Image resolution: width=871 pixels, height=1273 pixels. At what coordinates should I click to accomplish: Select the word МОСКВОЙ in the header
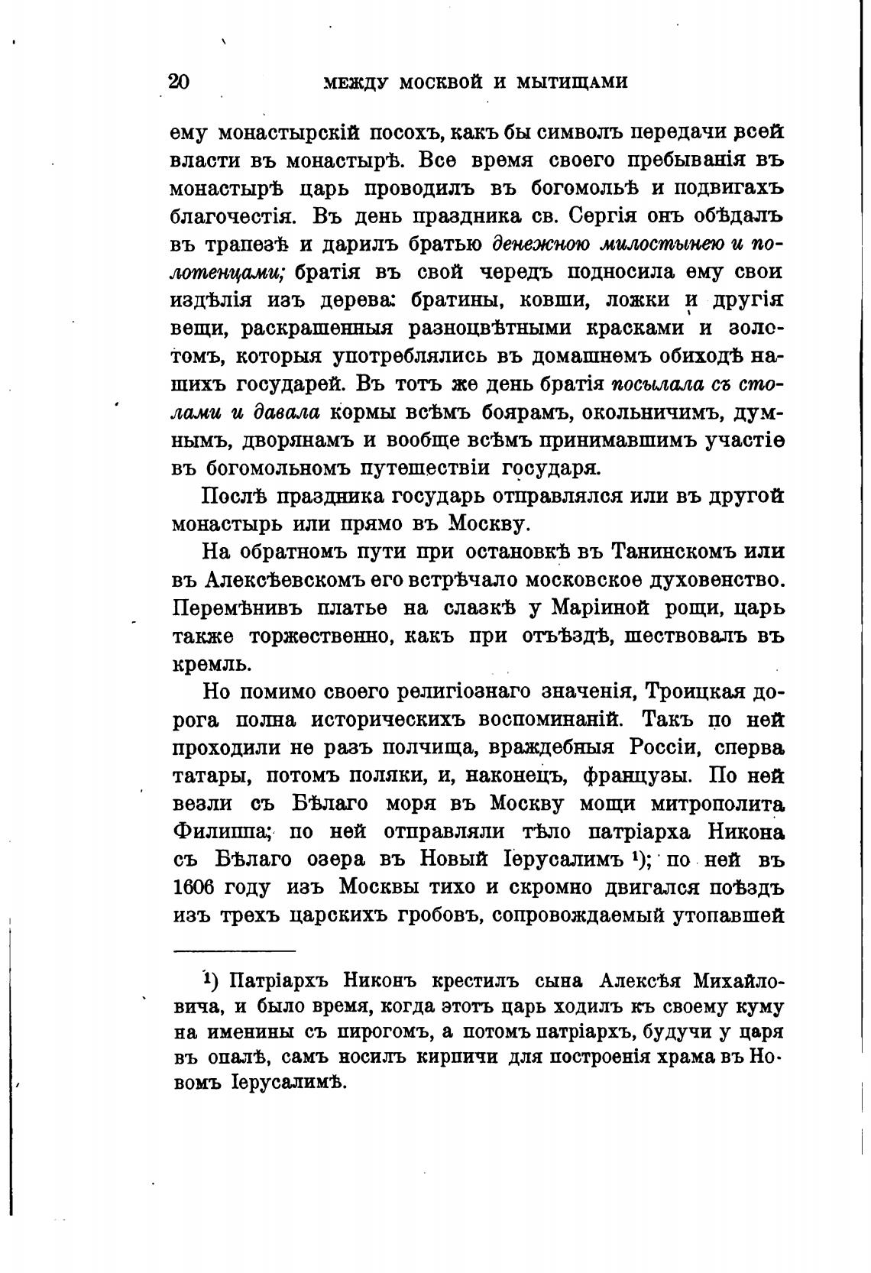tap(432, 82)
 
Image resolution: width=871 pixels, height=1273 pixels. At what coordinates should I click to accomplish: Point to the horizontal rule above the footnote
tap(234, 951)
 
